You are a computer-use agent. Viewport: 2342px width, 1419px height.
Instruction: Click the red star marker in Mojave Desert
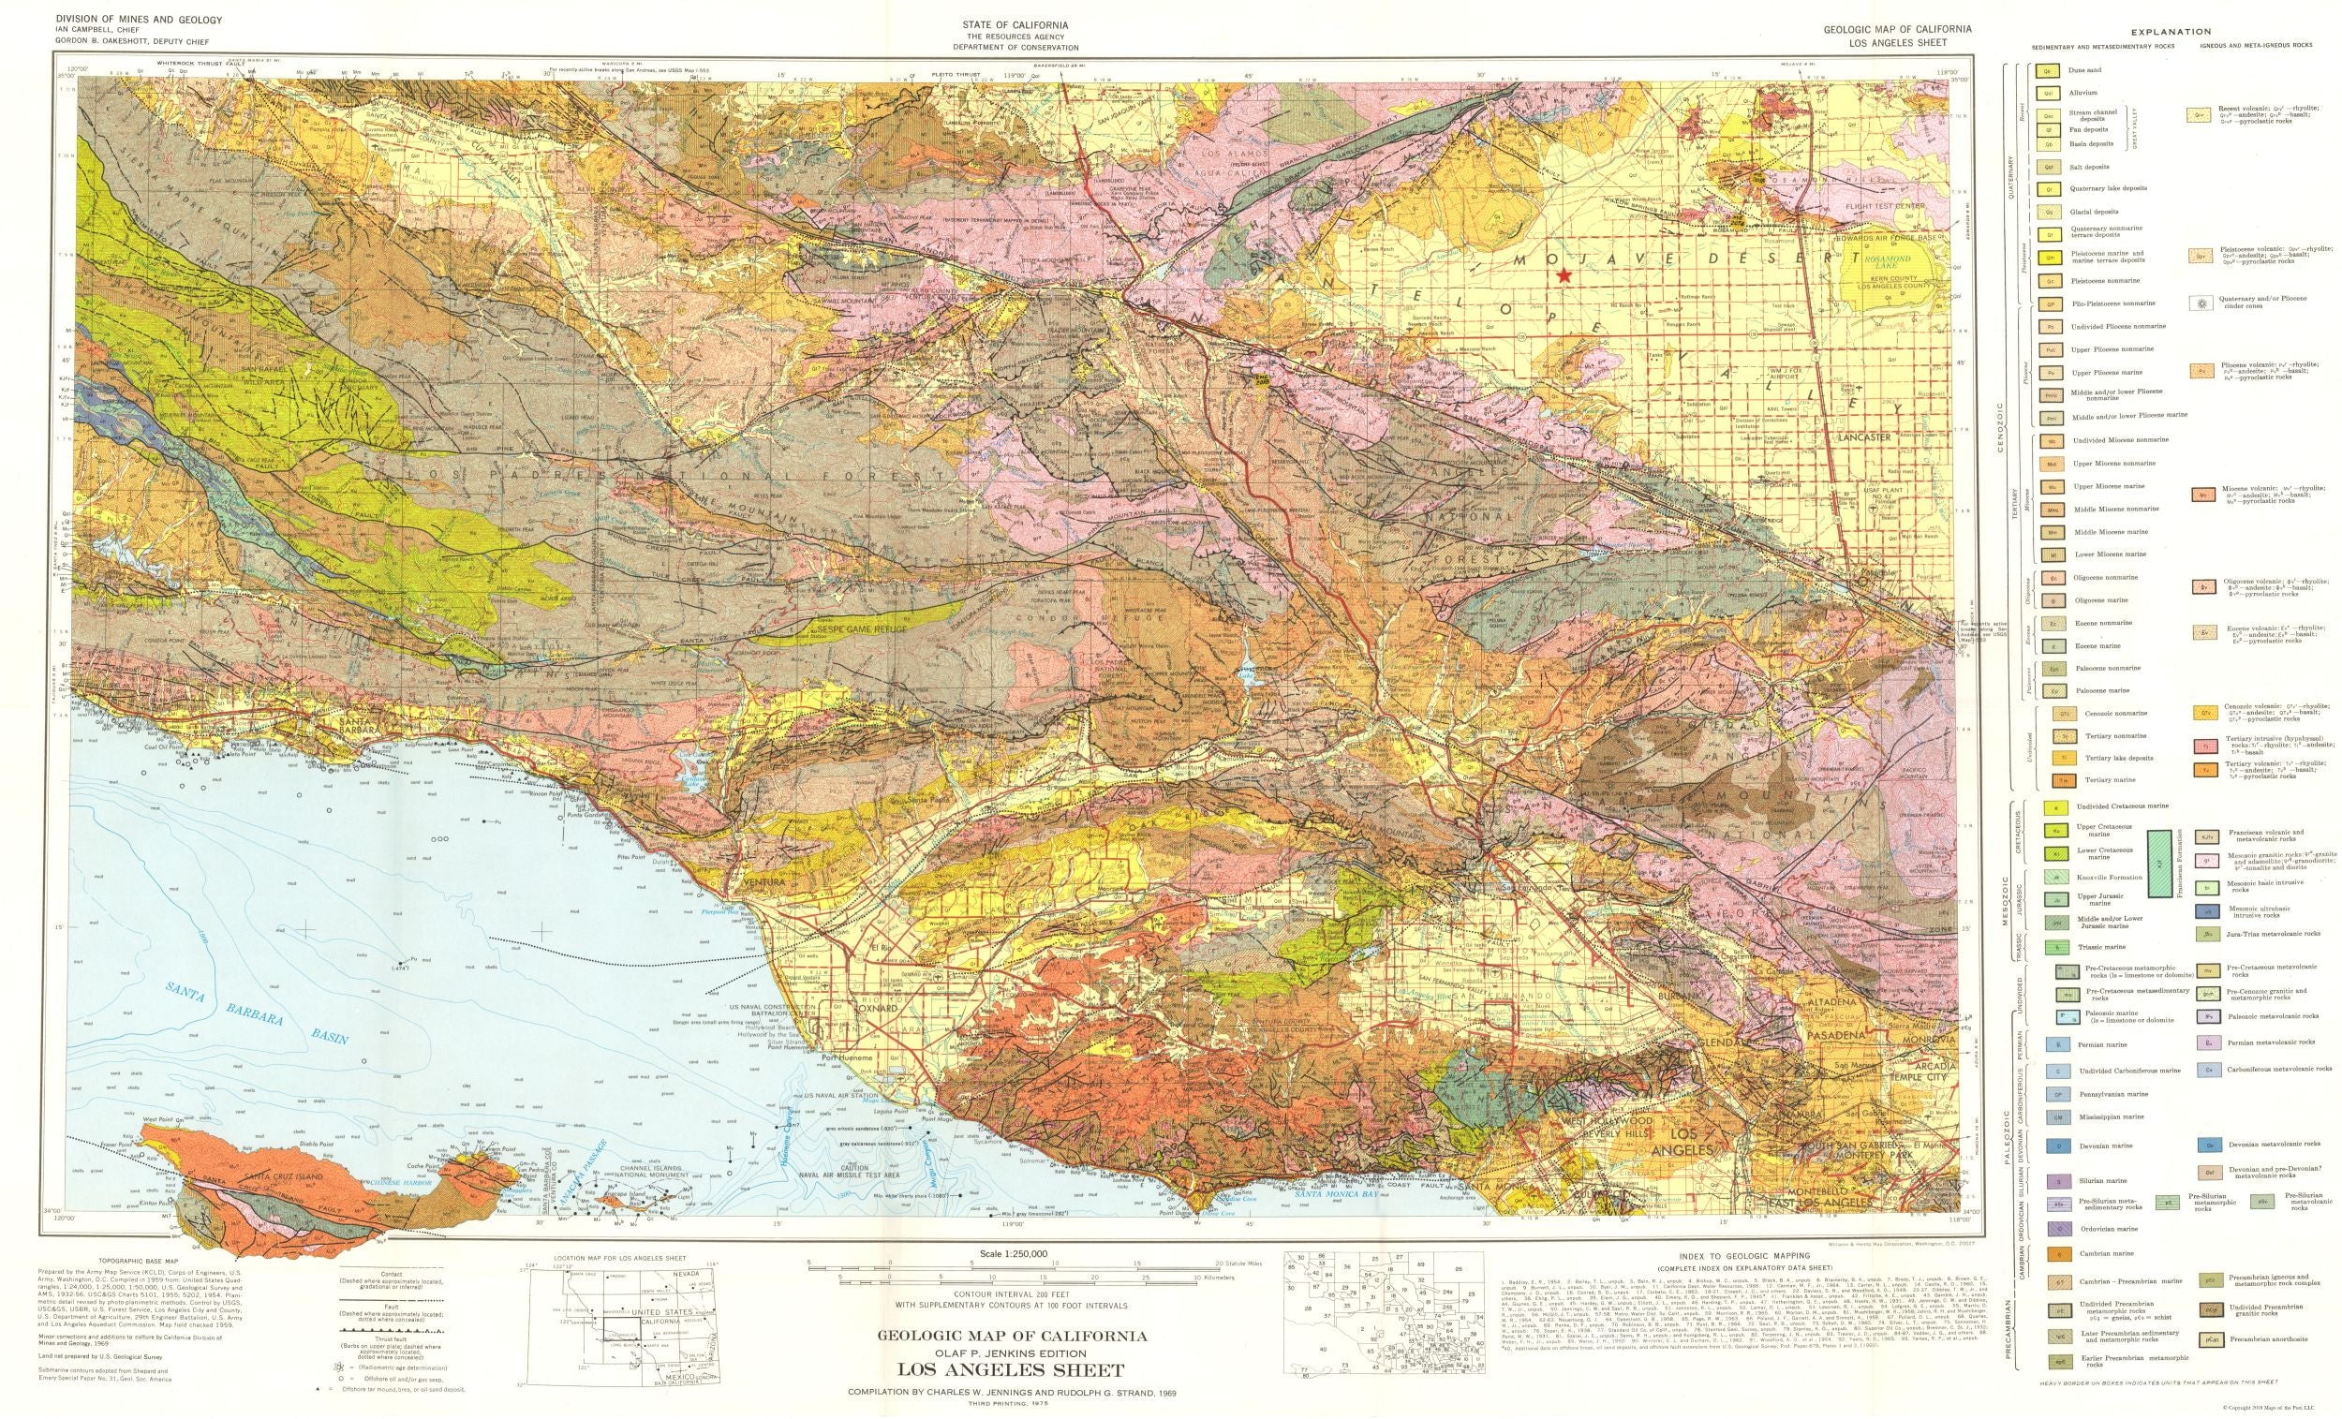pos(1564,274)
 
